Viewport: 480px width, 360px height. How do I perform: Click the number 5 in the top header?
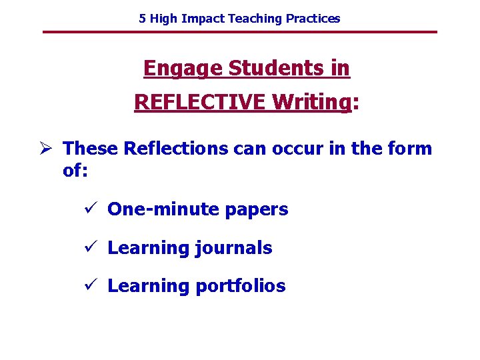point(142,19)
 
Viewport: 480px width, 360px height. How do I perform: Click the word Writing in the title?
point(312,102)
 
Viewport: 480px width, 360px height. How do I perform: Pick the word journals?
point(234,248)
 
